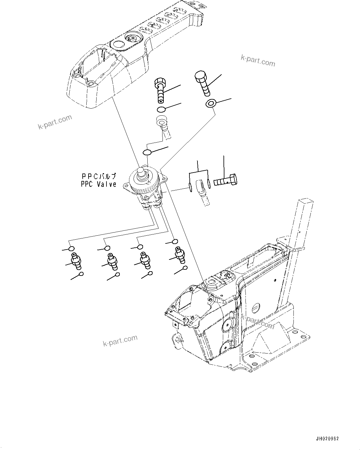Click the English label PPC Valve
coord(98,184)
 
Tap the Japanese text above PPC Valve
coord(99,176)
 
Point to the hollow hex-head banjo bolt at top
coord(159,90)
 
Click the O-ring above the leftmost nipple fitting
coord(72,249)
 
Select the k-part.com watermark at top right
coord(257,61)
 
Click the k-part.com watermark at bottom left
coord(120,341)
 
